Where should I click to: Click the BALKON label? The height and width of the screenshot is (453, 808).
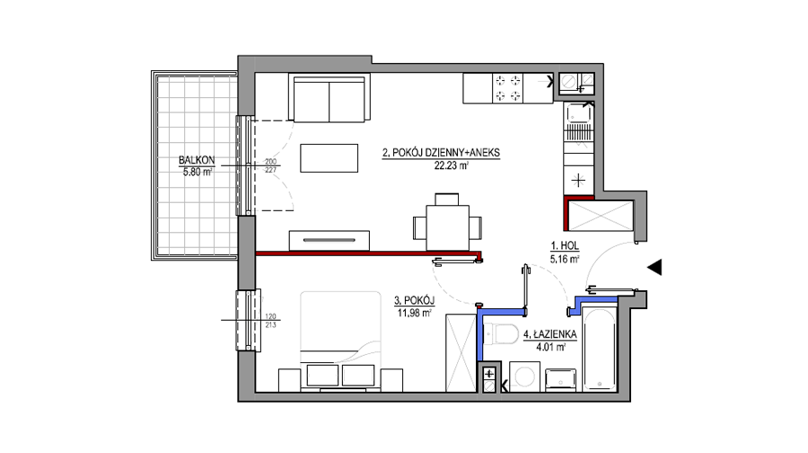[x=197, y=161]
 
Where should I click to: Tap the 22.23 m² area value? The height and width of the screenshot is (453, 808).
[x=452, y=165]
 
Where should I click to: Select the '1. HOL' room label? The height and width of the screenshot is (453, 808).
[x=565, y=246]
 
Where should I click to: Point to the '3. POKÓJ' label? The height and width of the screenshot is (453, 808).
[x=414, y=300]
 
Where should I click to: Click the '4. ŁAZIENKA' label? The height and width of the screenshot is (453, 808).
[x=549, y=335]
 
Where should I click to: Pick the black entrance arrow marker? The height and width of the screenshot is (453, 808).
[x=654, y=267]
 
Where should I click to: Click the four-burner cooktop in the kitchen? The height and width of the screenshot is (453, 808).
[x=507, y=88]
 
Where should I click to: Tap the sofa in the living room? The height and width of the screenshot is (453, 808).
[x=329, y=98]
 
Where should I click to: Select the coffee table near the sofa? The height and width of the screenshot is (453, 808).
[x=329, y=158]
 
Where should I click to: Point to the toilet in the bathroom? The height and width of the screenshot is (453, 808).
[x=501, y=333]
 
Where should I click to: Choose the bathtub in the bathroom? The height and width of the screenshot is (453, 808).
[x=599, y=350]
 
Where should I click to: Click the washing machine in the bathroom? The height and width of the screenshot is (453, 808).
[x=524, y=377]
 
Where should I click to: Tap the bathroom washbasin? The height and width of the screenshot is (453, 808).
[x=560, y=380]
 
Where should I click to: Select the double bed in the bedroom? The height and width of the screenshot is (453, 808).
[x=340, y=342]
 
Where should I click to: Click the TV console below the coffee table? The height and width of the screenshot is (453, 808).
[x=329, y=240]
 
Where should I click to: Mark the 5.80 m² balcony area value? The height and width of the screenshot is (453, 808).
[x=198, y=172]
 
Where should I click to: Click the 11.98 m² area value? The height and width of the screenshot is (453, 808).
[x=414, y=313]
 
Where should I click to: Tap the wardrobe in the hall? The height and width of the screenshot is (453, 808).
[x=600, y=216]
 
